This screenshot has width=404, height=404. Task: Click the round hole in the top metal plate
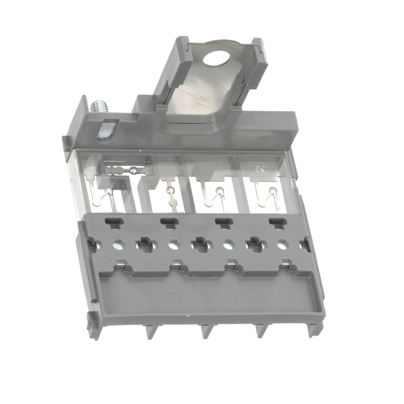[216, 58]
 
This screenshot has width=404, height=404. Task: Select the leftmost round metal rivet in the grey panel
[119, 244]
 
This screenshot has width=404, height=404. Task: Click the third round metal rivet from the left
[229, 244]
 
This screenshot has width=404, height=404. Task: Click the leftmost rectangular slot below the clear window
[114, 222]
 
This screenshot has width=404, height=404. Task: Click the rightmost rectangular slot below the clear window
[278, 222]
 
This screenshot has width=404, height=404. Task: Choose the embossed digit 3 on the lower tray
[209, 300]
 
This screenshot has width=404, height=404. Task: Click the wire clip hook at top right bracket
[260, 49]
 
